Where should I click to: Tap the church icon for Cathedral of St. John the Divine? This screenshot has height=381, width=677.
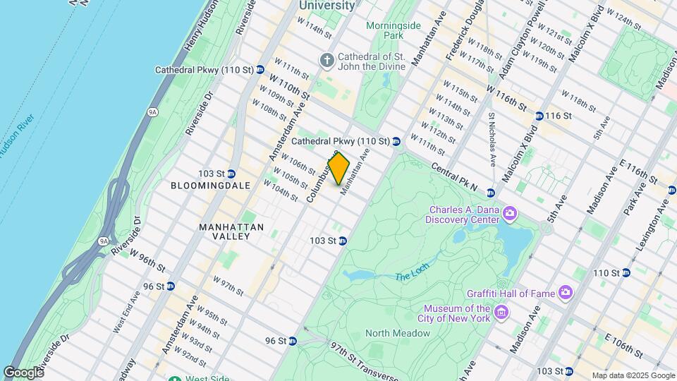click(327, 61)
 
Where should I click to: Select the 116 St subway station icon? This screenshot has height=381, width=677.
click(539, 116)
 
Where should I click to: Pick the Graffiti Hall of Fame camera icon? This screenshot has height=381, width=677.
click(566, 292)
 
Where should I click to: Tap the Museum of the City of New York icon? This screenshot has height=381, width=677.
click(501, 311)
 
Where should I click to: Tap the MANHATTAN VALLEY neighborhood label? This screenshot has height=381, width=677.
click(231, 232)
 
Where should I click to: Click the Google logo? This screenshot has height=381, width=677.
click(23, 373)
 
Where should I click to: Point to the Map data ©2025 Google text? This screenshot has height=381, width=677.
click(633, 375)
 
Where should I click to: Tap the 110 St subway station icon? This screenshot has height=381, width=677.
click(626, 273)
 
